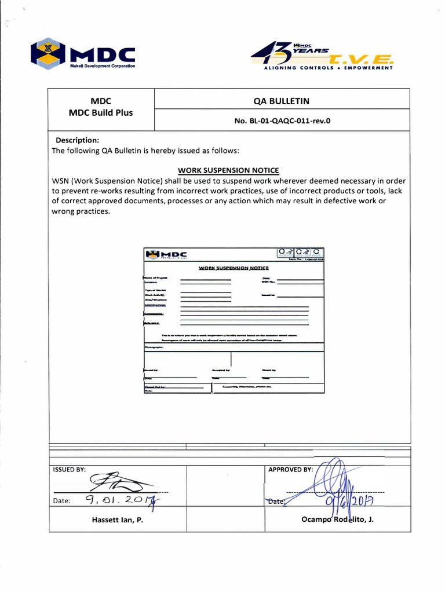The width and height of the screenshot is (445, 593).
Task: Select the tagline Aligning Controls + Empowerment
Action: coord(328,68)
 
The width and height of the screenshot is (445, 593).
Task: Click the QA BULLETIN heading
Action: coord(281,101)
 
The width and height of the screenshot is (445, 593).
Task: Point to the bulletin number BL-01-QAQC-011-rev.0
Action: coord(281,121)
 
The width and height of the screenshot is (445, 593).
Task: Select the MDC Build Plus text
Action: coord(101,112)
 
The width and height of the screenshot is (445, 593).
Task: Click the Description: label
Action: coord(77,140)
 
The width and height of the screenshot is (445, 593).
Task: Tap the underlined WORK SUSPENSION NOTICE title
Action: coord(228,170)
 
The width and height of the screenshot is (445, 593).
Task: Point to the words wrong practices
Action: coord(81,211)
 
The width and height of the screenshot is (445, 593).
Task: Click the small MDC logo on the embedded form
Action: coord(166,254)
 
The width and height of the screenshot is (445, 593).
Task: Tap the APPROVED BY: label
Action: coord(290,470)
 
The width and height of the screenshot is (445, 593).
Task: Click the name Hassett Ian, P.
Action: coord(117,520)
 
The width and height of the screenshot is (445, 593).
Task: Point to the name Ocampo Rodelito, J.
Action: coord(337,519)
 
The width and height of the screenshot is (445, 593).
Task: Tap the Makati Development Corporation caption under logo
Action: coord(103,66)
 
